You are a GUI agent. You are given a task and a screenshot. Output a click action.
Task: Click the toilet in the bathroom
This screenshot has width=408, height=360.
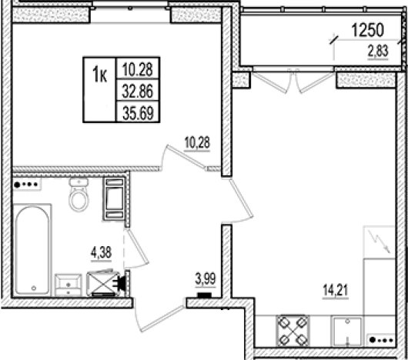point(79,195)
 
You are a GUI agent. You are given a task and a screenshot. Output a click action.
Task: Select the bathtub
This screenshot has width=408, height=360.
point(32,250)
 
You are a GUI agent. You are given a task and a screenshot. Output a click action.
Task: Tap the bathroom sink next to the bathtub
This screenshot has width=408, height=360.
point(69,285)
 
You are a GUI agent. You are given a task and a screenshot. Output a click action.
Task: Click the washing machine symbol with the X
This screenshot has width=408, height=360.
point(103,283)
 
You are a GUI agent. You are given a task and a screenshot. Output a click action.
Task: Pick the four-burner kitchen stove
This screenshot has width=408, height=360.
point(293,331)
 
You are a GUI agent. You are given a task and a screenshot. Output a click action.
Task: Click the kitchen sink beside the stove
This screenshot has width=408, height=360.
point(347,332)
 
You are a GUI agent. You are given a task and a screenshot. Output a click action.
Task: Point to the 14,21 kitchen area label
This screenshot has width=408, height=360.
point(335,290)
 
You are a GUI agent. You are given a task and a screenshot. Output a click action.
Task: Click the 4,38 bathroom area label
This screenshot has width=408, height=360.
point(101,252)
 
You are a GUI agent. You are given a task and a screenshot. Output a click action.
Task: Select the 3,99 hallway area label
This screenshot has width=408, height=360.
point(206,279)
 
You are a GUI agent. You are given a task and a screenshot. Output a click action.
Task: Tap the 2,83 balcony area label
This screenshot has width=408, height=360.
point(378,51)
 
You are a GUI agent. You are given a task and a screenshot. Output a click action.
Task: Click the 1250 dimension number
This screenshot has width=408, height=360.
point(368,30)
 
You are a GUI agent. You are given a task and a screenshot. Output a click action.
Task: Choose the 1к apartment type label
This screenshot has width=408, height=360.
point(99,75)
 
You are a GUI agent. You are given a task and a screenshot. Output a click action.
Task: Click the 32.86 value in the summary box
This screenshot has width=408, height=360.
point(138,92)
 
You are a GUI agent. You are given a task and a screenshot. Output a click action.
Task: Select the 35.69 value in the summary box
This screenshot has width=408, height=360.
point(138,113)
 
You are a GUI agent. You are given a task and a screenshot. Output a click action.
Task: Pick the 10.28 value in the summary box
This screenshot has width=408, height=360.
point(137,69)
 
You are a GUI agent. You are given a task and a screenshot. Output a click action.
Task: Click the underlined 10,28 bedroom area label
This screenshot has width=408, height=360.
point(197,143)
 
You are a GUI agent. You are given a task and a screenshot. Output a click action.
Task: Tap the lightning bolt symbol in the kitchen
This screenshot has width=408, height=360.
point(380,242)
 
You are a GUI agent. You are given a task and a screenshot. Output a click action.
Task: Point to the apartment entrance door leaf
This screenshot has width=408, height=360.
point(159,318)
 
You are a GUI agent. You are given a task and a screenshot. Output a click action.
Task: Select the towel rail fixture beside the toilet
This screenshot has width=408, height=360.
point(114,198)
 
